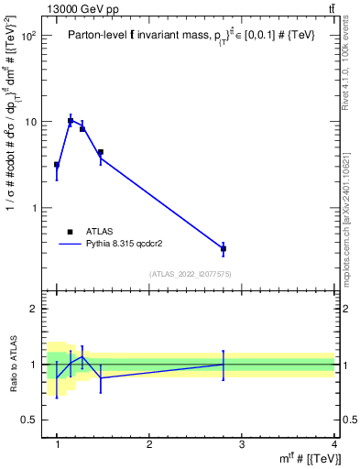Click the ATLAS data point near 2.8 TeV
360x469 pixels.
click(224, 248)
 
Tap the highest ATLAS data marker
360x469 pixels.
click(71, 121)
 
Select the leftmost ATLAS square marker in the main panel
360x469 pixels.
click(57, 165)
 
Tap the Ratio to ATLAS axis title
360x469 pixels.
click(14, 364)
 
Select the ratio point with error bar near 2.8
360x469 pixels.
click(224, 364)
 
